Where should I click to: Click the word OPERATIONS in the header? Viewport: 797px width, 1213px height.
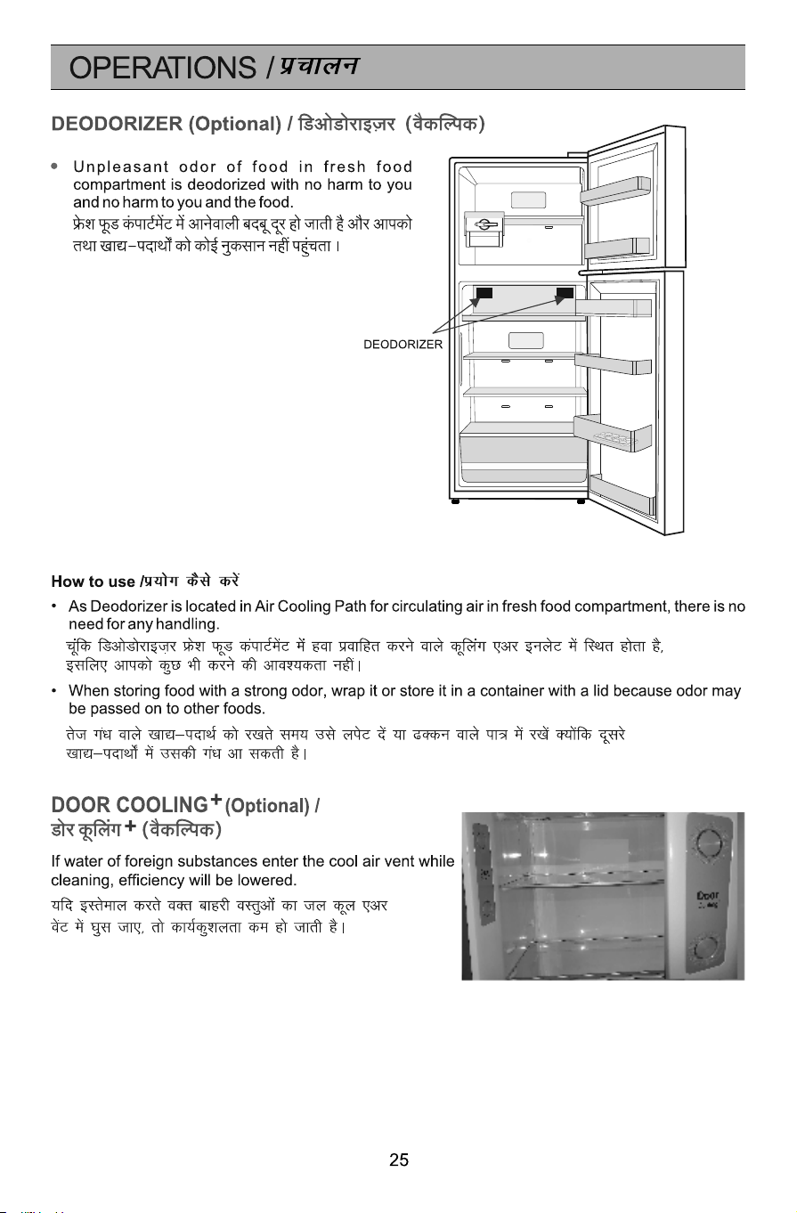[162, 68]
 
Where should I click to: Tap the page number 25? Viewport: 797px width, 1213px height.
[399, 1160]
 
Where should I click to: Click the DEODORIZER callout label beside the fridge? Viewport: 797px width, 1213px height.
[403, 345]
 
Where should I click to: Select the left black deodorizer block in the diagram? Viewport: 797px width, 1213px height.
[484, 293]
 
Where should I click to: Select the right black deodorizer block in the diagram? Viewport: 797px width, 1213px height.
[565, 293]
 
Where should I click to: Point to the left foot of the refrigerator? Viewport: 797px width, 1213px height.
[455, 501]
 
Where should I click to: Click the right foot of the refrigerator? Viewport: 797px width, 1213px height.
[581, 501]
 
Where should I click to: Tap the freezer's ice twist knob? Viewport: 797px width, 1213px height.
[485, 224]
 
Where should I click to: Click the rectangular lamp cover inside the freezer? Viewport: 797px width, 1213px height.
[528, 199]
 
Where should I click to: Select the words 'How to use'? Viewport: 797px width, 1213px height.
[94, 582]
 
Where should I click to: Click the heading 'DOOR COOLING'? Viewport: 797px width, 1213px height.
[129, 805]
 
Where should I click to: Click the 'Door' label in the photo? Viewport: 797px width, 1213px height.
[707, 896]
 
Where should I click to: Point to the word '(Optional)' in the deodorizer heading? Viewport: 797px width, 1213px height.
[235, 124]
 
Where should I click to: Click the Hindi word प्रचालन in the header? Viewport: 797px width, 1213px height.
[319, 66]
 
